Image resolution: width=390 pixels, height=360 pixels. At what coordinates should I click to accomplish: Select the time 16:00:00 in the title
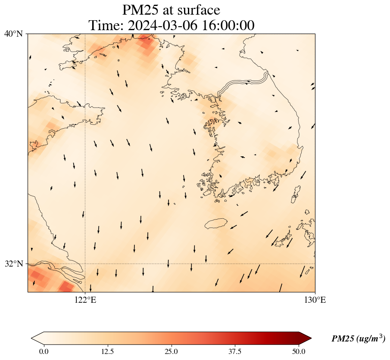228,25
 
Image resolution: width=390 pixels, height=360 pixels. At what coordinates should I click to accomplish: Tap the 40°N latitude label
14,34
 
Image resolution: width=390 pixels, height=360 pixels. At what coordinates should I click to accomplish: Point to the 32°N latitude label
14,264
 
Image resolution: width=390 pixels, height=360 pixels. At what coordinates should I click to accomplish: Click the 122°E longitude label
85,300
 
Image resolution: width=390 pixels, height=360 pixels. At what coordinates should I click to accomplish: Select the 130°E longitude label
315,300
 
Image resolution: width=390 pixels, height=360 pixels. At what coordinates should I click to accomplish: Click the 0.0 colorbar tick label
44,351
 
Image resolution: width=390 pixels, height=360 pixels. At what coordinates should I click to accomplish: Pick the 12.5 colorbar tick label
107,351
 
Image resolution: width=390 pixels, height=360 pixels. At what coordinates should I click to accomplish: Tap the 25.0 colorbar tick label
171,351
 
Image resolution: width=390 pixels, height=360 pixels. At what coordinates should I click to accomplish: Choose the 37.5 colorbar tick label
235,351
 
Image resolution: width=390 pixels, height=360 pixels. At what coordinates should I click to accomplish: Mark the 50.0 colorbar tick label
299,351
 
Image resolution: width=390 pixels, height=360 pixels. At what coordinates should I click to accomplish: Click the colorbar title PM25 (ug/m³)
358,339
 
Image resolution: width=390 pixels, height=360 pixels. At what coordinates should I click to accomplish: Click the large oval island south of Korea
216,223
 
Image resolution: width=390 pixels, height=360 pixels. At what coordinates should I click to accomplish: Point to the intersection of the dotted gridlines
85,264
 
